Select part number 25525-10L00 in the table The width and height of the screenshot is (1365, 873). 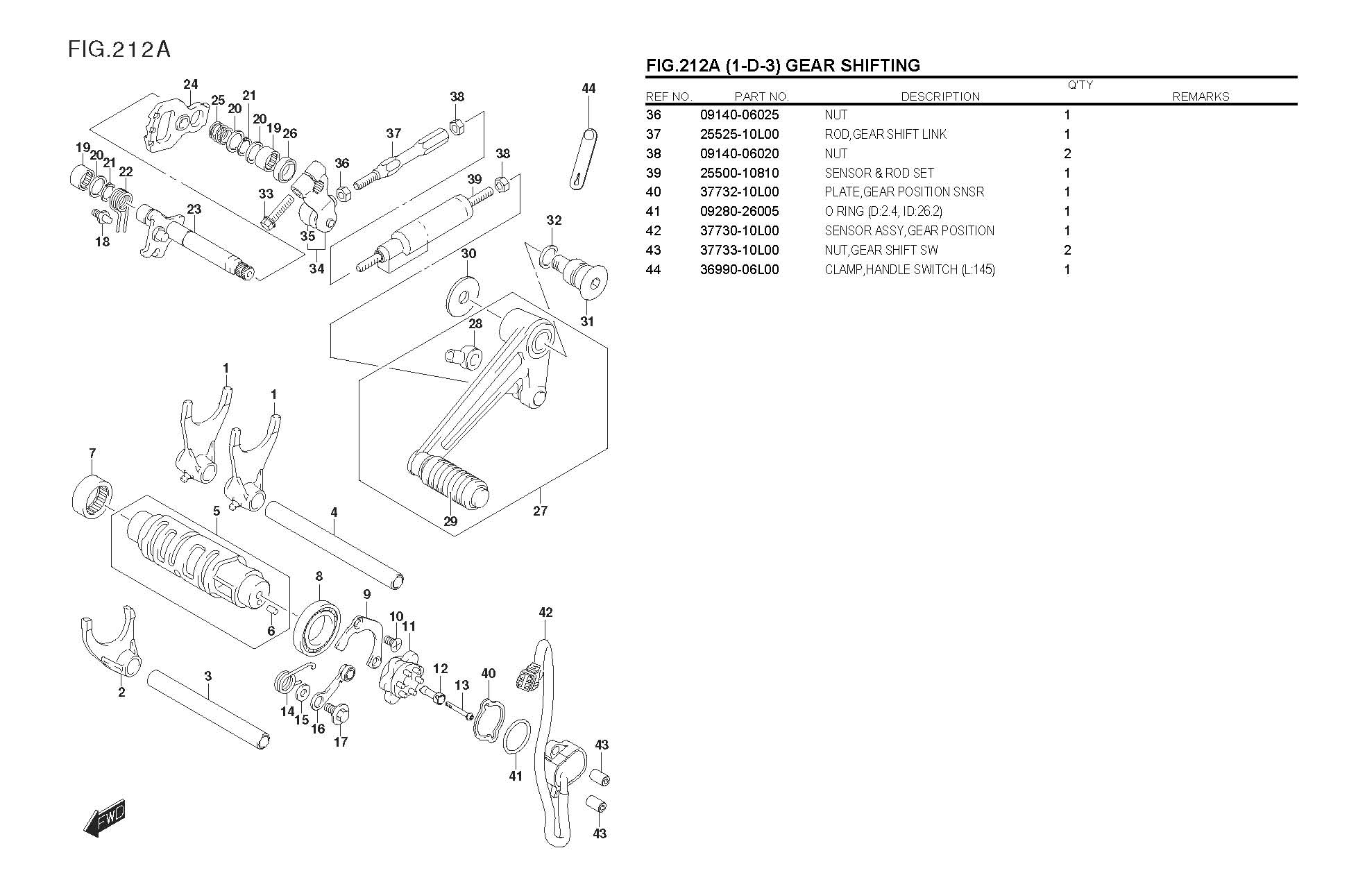[739, 134]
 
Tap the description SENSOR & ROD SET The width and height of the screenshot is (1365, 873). [879, 173]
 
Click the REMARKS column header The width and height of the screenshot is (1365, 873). [1201, 96]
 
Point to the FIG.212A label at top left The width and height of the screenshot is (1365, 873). [119, 49]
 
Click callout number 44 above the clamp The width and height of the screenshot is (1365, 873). [588, 88]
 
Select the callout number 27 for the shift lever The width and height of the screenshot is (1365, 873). [540, 511]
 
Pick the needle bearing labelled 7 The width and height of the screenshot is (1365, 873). [92, 493]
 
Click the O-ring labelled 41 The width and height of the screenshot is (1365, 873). [517, 736]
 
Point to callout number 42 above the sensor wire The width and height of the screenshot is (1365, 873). [545, 612]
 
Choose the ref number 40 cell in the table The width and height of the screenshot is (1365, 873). [654, 192]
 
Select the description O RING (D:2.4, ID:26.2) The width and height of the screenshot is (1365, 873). [883, 212]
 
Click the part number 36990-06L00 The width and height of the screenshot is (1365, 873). [739, 270]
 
